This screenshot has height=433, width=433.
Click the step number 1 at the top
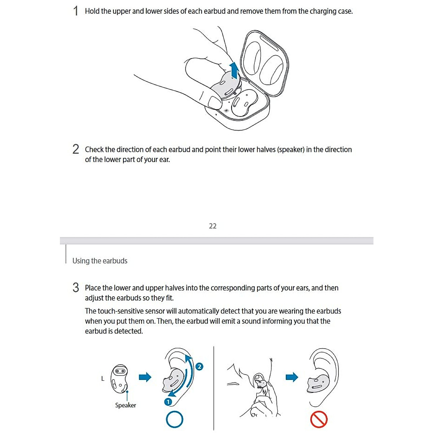point(75,11)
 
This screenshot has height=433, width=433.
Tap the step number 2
point(75,149)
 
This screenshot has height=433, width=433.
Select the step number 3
point(75,288)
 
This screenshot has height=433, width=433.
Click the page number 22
point(213,226)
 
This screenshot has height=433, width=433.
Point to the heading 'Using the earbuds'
point(100,261)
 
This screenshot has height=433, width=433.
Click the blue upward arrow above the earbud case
point(235,70)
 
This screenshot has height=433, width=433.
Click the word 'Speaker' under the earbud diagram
point(126,405)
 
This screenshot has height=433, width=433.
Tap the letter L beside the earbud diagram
point(102,379)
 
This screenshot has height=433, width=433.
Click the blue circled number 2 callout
point(199,367)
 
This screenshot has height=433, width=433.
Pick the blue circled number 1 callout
point(168,401)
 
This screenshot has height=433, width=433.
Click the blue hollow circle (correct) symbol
point(174,420)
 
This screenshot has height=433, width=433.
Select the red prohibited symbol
point(319,420)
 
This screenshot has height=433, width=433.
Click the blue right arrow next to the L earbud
point(145,377)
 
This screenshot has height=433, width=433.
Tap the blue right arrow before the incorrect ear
point(292,377)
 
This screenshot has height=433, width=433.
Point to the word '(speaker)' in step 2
point(291,149)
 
